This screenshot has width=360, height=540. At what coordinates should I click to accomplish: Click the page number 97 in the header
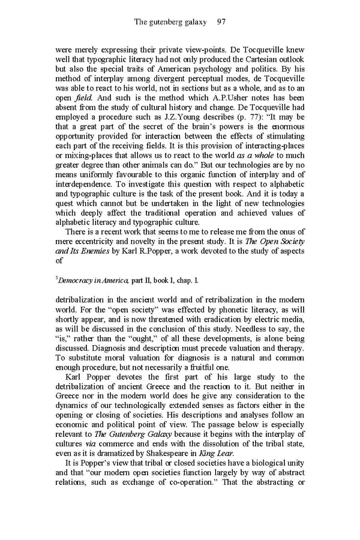[x=220, y=22]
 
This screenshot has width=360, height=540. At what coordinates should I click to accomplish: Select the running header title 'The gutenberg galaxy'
[x=170, y=22]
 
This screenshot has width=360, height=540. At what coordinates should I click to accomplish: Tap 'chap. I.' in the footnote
[x=185, y=280]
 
